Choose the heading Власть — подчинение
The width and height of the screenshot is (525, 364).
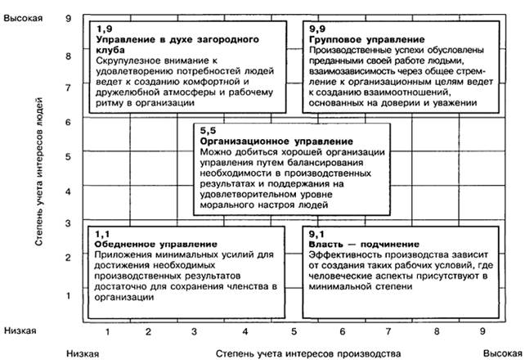(358, 244)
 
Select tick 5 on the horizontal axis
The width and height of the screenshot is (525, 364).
(292, 331)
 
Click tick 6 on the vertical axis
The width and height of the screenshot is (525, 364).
(69, 123)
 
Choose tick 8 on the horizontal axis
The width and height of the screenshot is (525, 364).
(437, 331)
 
